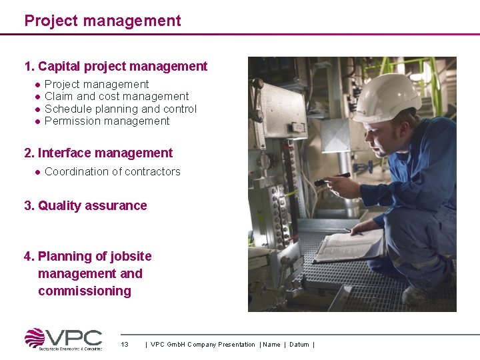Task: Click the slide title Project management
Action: click(x=103, y=21)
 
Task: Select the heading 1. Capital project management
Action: click(x=116, y=67)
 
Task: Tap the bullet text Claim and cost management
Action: click(x=117, y=97)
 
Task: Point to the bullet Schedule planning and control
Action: click(x=121, y=109)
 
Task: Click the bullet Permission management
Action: click(x=107, y=121)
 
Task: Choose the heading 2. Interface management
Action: click(x=99, y=153)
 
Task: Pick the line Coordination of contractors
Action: click(x=113, y=172)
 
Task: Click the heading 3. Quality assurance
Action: click(x=86, y=206)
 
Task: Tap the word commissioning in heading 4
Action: click(x=85, y=291)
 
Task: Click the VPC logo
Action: click(x=63, y=339)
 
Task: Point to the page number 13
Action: click(x=125, y=345)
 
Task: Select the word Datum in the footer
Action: click(x=299, y=345)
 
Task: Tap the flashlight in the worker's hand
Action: click(x=332, y=179)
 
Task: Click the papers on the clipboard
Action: click(x=350, y=246)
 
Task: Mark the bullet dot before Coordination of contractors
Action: click(x=38, y=172)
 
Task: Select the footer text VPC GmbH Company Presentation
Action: click(x=203, y=345)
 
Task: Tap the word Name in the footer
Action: click(x=272, y=345)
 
